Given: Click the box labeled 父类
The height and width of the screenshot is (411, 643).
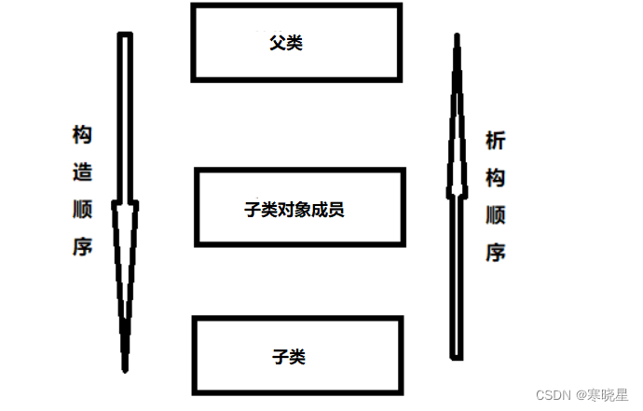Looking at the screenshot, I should tap(296, 42).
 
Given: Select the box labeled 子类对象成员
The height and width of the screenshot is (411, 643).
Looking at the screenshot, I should tap(300, 208).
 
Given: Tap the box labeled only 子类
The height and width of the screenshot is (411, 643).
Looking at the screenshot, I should tap(297, 356).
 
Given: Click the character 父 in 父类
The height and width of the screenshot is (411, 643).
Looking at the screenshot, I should tap(276, 42).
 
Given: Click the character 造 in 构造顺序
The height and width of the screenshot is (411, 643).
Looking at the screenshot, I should tap(83, 171).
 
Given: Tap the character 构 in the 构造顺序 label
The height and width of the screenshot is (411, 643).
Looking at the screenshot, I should tap(83, 135).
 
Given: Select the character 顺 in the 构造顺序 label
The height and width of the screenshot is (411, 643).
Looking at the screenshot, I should tap(83, 210).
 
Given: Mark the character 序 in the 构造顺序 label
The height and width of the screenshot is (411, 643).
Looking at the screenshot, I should tap(83, 247).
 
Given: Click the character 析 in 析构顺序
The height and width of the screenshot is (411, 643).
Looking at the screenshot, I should tap(495, 141).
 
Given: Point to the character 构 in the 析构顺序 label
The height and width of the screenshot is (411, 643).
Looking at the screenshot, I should tap(495, 178).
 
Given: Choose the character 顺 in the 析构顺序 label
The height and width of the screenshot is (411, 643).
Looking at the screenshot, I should tap(495, 215).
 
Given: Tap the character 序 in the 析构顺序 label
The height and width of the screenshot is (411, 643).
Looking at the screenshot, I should tap(495, 252).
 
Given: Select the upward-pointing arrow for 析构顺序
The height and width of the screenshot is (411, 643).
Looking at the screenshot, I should tap(456, 196).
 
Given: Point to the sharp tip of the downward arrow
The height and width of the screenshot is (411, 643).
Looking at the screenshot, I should tap(125, 369).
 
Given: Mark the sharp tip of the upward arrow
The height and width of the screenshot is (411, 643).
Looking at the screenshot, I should tap(457, 37).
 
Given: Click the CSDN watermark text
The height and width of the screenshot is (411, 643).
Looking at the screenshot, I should tap(552, 395).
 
